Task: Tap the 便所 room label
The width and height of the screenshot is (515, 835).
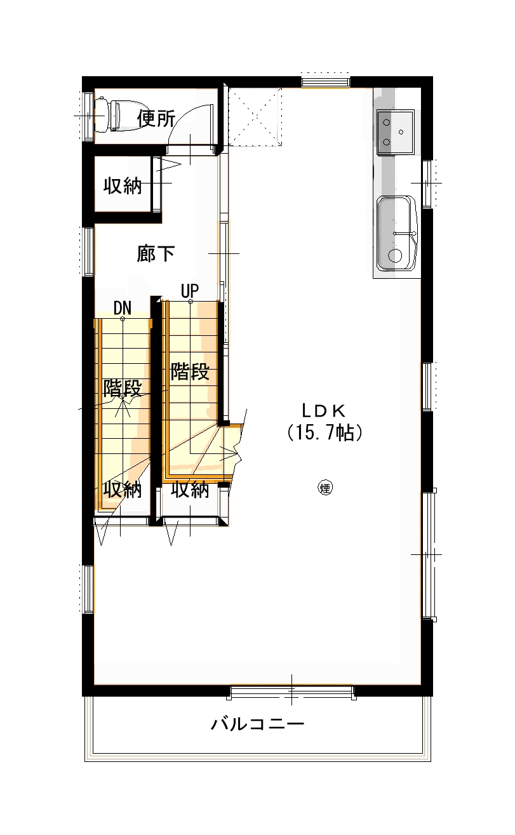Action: [156, 119]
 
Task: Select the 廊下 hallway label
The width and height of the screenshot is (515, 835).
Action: [156, 254]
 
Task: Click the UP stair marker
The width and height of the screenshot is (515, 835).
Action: [190, 291]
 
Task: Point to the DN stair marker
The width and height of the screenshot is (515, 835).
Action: [123, 308]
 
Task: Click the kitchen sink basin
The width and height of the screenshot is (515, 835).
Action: [397, 233]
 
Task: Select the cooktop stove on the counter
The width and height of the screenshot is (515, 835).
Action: [395, 132]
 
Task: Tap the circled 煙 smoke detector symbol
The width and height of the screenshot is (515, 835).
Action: [325, 488]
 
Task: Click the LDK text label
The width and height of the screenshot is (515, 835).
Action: [324, 411]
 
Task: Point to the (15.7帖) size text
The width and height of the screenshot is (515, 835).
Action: [324, 432]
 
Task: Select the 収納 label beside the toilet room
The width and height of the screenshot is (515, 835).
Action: [123, 185]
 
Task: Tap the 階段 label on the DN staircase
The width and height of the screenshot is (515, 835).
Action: [123, 388]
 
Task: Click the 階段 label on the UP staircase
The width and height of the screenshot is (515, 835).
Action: [190, 371]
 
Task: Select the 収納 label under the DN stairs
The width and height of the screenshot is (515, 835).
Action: [123, 490]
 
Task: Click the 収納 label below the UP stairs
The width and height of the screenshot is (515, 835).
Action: [190, 490]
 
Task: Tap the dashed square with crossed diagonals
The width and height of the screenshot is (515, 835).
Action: [255, 117]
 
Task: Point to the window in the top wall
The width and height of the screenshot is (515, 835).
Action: [326, 82]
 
